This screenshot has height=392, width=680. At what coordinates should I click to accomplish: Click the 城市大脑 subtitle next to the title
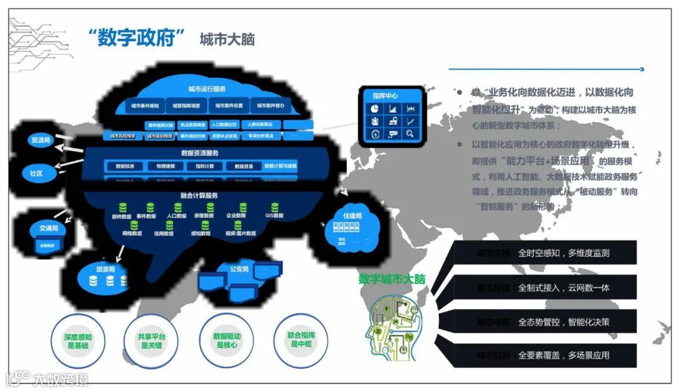pyautogui.click(x=227, y=39)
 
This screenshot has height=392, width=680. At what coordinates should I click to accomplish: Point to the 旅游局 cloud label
pyautogui.click(x=105, y=269)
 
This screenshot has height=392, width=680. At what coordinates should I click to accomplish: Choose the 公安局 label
pyautogui.click(x=239, y=269)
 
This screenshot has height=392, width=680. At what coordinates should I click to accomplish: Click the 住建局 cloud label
pyautogui.click(x=353, y=216)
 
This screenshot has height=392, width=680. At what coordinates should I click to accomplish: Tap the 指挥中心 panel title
pyautogui.click(x=385, y=96)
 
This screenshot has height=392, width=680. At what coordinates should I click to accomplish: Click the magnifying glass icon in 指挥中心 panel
pyautogui.click(x=410, y=133)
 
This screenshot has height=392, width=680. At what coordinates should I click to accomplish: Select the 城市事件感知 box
pyautogui.click(x=145, y=106)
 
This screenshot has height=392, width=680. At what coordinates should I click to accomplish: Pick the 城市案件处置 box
pyautogui.click(x=229, y=106)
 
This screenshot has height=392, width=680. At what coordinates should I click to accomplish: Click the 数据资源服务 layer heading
pyautogui.click(x=200, y=152)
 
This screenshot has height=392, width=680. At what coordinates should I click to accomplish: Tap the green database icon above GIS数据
pyautogui.click(x=275, y=207)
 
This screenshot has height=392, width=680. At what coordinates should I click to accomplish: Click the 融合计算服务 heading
pyautogui.click(x=199, y=196)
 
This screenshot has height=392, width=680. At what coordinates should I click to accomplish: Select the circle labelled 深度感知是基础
pyautogui.click(x=77, y=341)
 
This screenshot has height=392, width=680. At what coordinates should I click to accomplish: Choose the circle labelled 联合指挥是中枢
pyautogui.click(x=301, y=340)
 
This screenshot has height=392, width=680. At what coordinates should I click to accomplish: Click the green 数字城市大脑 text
pyautogui.click(x=392, y=279)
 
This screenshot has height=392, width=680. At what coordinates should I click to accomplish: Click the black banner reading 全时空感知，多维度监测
pyautogui.click(x=545, y=253)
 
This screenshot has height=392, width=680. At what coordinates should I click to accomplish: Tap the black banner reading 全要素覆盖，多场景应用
pyautogui.click(x=545, y=355)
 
